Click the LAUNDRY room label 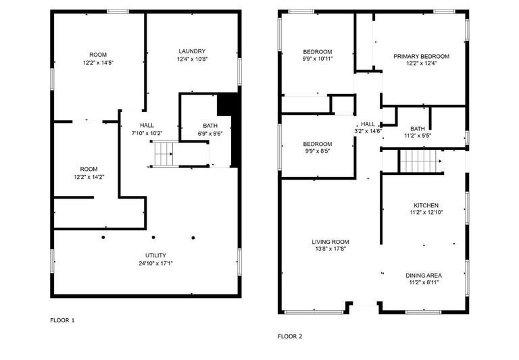[x=192, y=51]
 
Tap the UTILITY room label [x=147, y=255]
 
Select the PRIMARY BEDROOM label [x=421, y=57]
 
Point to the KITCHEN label [x=426, y=205]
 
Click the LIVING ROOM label [x=330, y=242]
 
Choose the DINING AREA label [x=424, y=276]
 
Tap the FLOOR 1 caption [x=63, y=320]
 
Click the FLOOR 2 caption [x=290, y=336]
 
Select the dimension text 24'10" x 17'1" [x=147, y=263]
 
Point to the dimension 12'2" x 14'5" [x=98, y=62]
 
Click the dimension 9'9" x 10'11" [x=318, y=59]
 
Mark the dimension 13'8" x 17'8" [x=330, y=249]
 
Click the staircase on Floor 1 [x=162, y=157]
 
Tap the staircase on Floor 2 [x=419, y=161]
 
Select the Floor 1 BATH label [x=209, y=126]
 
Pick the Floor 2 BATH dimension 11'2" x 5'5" [x=418, y=136]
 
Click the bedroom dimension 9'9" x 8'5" [x=317, y=151]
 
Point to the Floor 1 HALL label [x=147, y=125]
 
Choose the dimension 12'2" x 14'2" [x=89, y=177]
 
